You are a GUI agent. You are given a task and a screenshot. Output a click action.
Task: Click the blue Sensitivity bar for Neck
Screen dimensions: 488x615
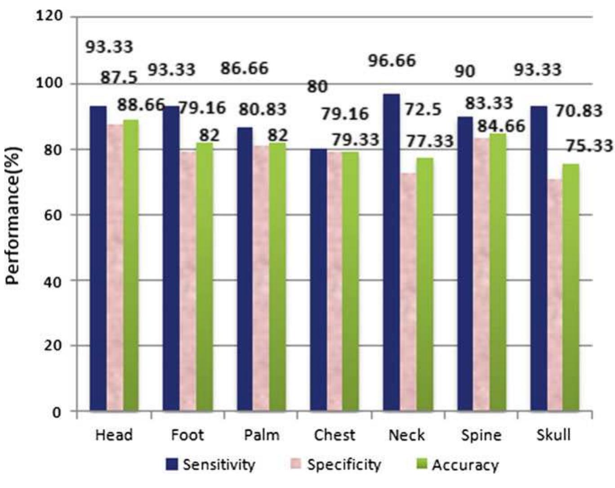tap(392, 252)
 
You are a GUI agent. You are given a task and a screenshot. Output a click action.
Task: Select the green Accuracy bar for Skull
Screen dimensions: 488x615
tap(571, 288)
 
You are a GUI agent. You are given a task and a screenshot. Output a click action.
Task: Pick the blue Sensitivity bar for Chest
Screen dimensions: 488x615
tap(318, 279)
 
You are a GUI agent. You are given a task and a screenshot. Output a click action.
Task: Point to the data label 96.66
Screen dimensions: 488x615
tap(392, 60)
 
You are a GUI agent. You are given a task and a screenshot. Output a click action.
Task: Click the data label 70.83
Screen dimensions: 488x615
tap(579, 110)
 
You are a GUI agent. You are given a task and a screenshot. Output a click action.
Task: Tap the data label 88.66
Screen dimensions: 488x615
tap(141, 105)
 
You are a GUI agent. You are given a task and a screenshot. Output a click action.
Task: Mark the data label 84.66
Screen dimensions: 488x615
tap(501, 126)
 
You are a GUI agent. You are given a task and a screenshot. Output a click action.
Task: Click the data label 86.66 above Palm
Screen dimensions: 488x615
tap(245, 68)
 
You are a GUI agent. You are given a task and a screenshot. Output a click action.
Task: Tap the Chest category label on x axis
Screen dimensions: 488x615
tap(334, 435)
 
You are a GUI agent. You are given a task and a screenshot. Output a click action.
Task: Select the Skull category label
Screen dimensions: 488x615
tap(553, 435)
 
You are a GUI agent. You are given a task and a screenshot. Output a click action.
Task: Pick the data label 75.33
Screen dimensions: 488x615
tap(588, 146)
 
